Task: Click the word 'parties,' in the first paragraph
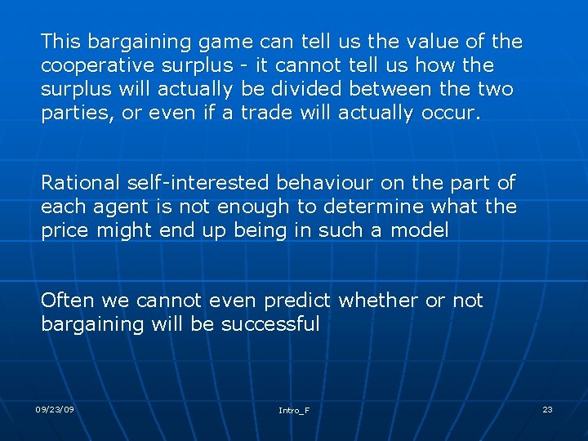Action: click(x=77, y=113)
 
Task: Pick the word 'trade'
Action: click(x=267, y=113)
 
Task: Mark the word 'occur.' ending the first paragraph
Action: click(x=451, y=113)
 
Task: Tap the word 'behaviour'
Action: click(x=326, y=183)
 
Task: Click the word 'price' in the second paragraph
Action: click(x=65, y=231)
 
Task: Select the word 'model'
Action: click(x=420, y=230)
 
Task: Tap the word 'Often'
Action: click(x=66, y=301)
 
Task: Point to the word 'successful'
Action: click(x=270, y=324)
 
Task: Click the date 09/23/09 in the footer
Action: click(x=55, y=408)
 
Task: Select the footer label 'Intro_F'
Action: click(x=294, y=410)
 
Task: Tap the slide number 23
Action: click(x=547, y=408)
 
